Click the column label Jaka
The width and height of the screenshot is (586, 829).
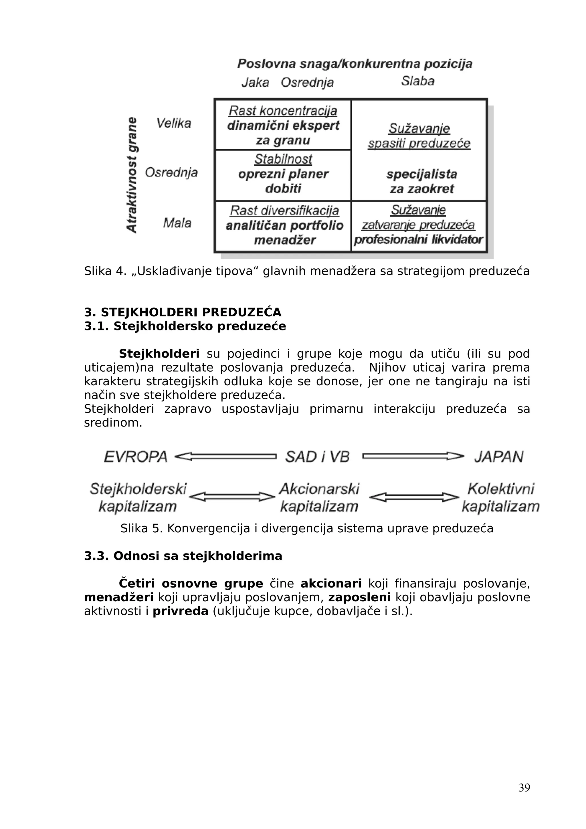pyautogui.click(x=255, y=83)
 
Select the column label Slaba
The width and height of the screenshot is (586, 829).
pyautogui.click(x=417, y=81)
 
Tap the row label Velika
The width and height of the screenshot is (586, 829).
pyautogui.click(x=173, y=124)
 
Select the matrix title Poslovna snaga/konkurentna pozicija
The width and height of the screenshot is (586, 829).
pyautogui.click(x=355, y=64)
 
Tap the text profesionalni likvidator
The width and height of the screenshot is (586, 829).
pyautogui.click(x=418, y=239)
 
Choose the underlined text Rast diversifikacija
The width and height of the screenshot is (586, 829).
pyautogui.click(x=284, y=210)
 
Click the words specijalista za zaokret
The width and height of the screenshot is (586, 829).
pyautogui.click(x=421, y=181)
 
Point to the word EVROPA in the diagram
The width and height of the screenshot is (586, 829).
pyautogui.click(x=136, y=457)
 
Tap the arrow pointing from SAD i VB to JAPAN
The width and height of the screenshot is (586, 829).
pyautogui.click(x=413, y=457)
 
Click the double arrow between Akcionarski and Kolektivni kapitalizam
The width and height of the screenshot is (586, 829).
pyautogui.click(x=414, y=497)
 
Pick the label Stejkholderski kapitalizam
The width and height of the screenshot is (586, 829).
pyautogui.click(x=138, y=497)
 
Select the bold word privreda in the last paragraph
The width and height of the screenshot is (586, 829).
pyautogui.click(x=181, y=611)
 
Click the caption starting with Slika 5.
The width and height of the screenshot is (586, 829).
pyautogui.click(x=306, y=528)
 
